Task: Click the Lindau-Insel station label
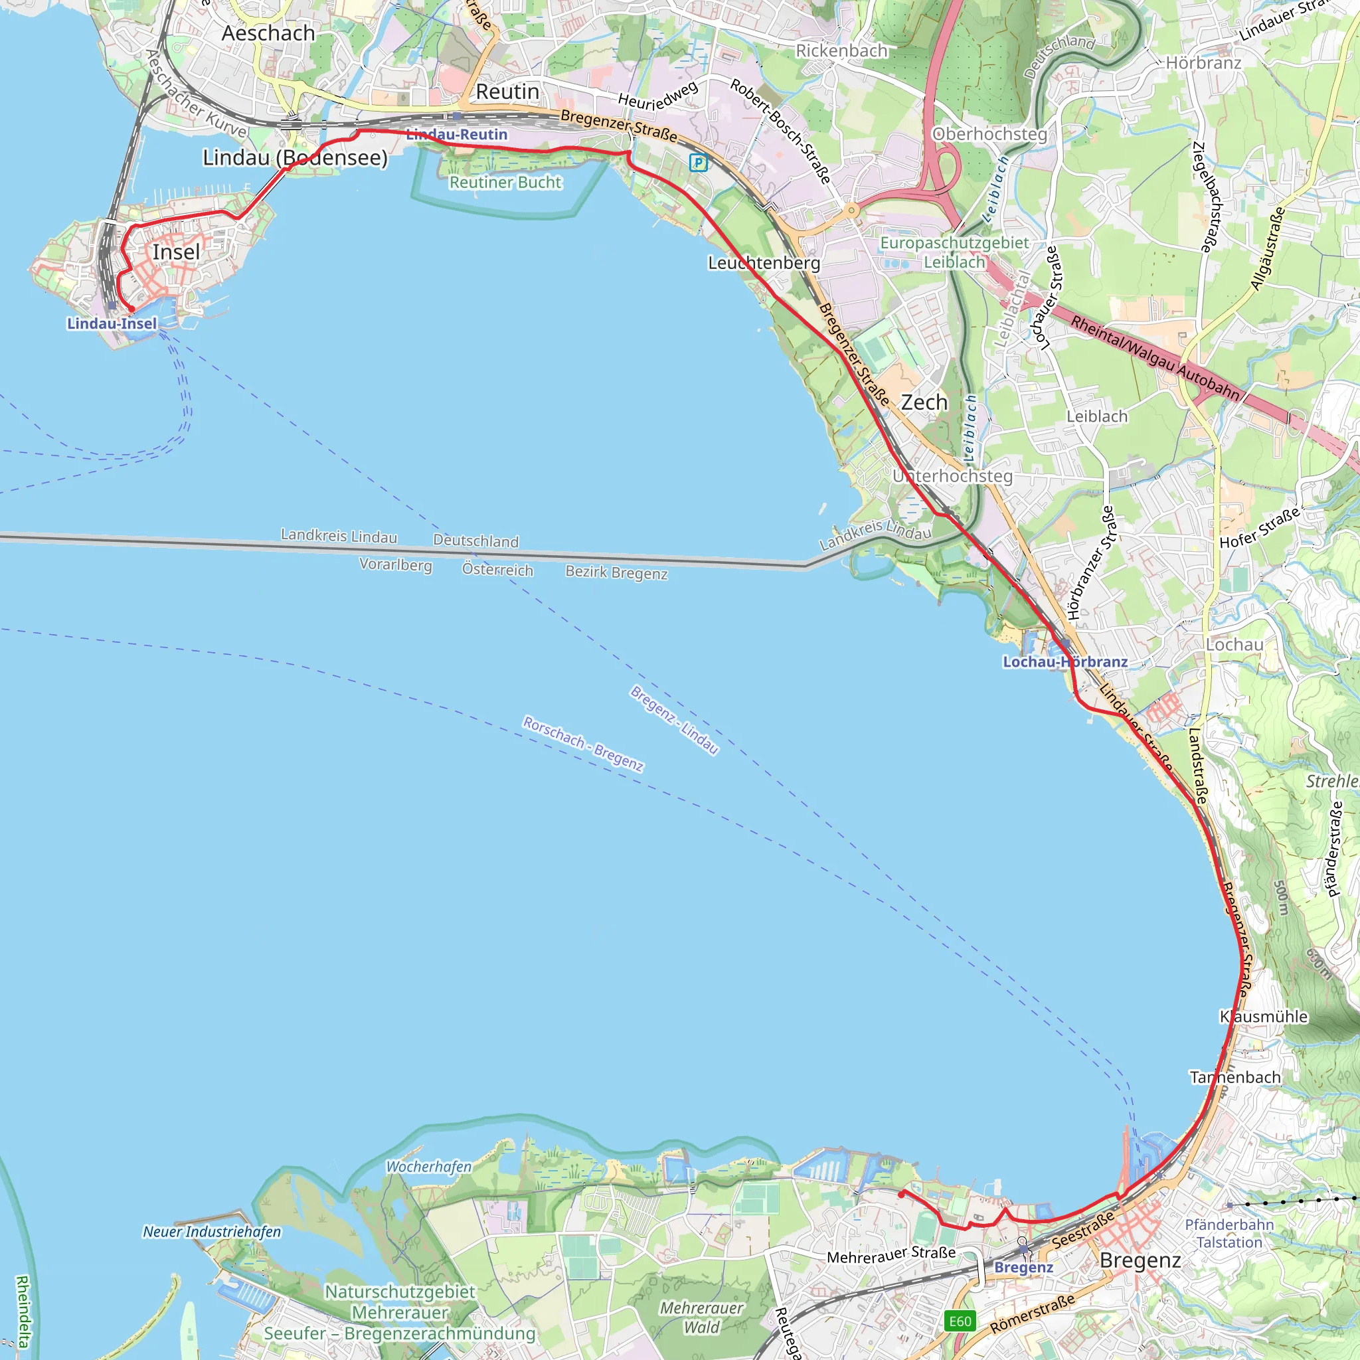coord(112,324)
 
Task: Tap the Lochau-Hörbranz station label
coord(1065,661)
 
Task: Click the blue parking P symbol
coord(698,163)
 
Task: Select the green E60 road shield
coord(960,1321)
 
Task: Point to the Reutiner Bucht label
coord(505,183)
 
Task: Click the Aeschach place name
coord(268,33)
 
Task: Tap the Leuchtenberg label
coord(764,263)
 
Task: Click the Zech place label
coord(924,402)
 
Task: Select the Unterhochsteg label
coord(952,477)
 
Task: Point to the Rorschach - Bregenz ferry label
coord(583,743)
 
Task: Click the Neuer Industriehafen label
coord(212,1232)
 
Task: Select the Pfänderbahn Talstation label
coord(1229,1233)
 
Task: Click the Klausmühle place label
coord(1264,1017)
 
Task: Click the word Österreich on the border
coord(497,570)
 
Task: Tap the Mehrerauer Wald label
coord(701,1317)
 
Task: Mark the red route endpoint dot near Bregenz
coord(902,1194)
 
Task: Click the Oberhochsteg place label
coord(989,133)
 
